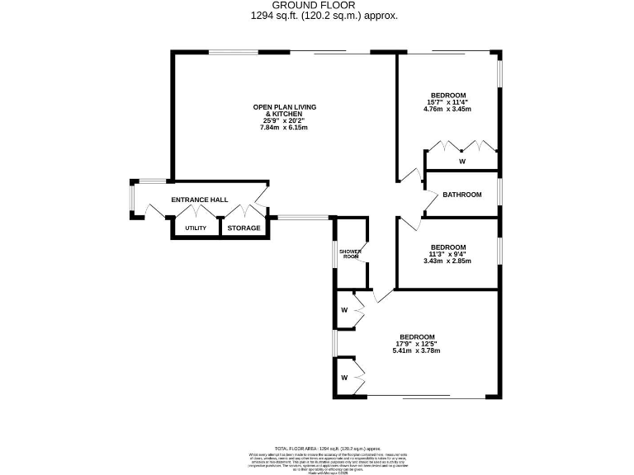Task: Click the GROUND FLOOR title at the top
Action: click(x=318, y=5)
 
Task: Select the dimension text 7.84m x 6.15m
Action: click(x=284, y=128)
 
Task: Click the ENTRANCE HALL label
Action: click(x=198, y=200)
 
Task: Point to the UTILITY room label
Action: click(x=196, y=228)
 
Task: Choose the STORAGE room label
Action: click(x=244, y=228)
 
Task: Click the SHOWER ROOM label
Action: click(x=351, y=254)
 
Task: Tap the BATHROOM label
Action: click(x=461, y=195)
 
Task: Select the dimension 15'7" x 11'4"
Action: click(x=447, y=102)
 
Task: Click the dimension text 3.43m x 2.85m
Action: click(x=447, y=261)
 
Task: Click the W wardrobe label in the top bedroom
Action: click(x=462, y=162)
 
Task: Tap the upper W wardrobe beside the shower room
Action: click(x=344, y=311)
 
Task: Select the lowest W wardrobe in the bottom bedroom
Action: click(x=344, y=379)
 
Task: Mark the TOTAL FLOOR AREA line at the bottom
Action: click(x=317, y=444)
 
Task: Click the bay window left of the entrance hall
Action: click(x=134, y=200)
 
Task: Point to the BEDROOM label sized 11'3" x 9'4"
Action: click(x=447, y=247)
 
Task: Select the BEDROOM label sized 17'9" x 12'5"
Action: click(x=417, y=336)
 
